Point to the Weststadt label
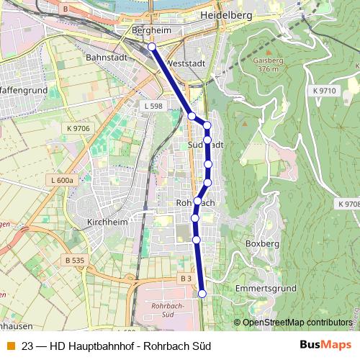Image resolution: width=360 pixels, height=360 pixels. click(x=185, y=63)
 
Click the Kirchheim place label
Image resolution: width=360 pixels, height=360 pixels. click(x=107, y=222)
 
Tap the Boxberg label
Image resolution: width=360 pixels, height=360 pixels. click(x=262, y=244)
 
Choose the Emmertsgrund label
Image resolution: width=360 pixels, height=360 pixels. click(x=266, y=288)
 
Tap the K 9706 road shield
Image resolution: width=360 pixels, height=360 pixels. click(x=78, y=128)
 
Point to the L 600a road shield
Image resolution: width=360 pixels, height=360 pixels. click(x=63, y=180)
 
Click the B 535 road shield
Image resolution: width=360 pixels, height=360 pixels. click(x=75, y=259)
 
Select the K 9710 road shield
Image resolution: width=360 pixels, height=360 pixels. click(x=325, y=91)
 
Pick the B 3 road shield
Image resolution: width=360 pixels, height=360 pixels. click(x=186, y=278)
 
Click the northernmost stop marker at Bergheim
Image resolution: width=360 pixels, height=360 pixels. click(x=151, y=47)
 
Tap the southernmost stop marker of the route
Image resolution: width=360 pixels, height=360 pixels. click(x=202, y=293)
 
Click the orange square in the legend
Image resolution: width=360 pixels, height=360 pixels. click(x=10, y=345)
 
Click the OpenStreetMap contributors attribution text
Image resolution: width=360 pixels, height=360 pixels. click(x=297, y=322)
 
